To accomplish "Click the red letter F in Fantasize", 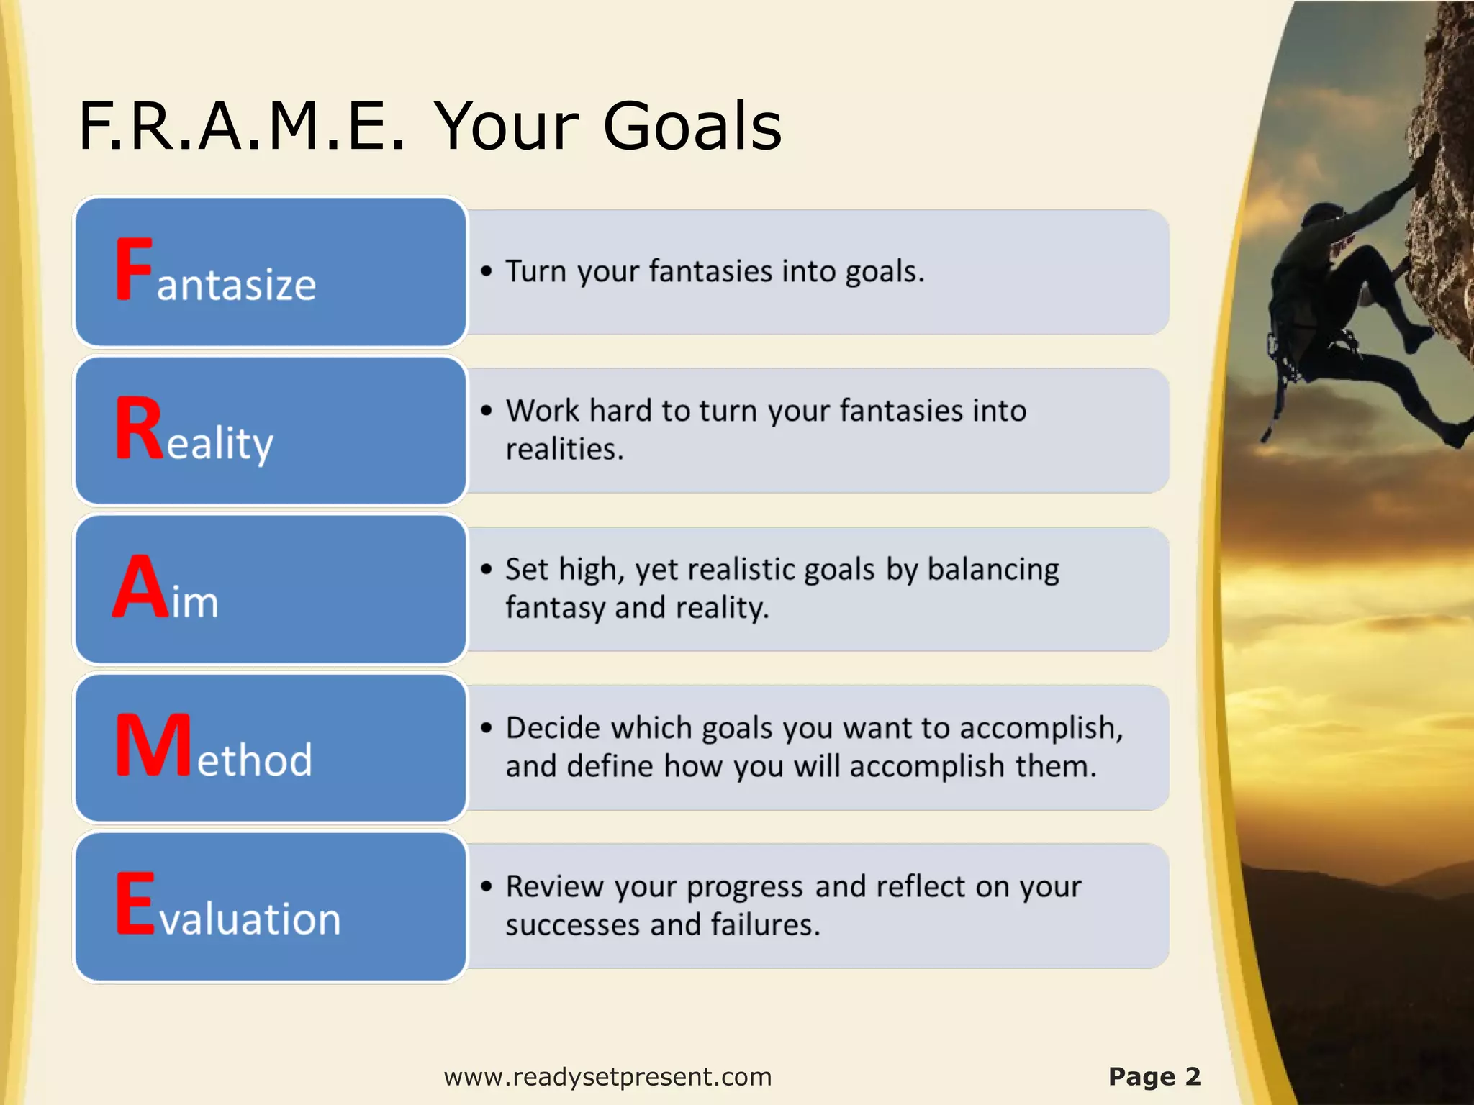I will tap(134, 269).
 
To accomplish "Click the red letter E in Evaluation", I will tap(135, 904).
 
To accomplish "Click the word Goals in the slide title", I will tap(692, 127).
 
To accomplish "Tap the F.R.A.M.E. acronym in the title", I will tap(242, 127).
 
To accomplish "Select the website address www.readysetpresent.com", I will tap(607, 1077).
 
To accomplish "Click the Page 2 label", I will tap(1154, 1077).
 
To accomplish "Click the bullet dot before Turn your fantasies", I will tap(487, 271).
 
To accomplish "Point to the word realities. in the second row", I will tap(564, 450).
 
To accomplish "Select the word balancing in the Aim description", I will tap(993, 569).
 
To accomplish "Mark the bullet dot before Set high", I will tap(487, 569).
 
